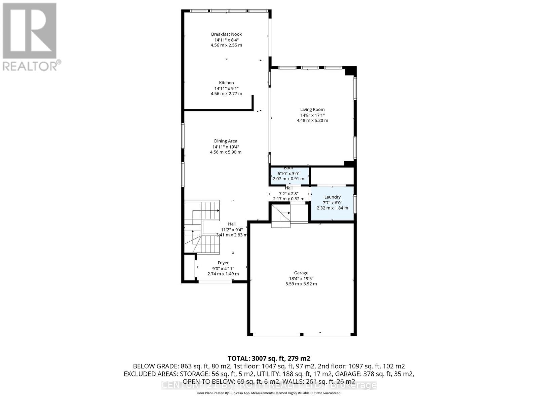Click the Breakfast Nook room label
(x=226, y=34)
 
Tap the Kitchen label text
(x=226, y=82)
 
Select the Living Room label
(x=312, y=109)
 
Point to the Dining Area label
(x=226, y=141)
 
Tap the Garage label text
(x=301, y=273)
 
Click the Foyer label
(x=223, y=263)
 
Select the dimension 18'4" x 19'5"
(x=301, y=278)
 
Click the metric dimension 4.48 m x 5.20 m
(x=312, y=120)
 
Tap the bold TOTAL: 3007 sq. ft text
(x=269, y=358)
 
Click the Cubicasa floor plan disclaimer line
(x=269, y=393)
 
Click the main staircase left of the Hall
(x=201, y=227)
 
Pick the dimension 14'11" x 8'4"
(x=226, y=40)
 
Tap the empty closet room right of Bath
(x=332, y=175)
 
